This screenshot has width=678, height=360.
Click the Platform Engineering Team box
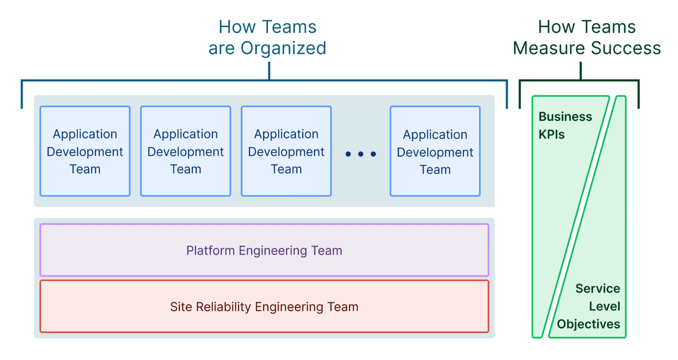[x=264, y=250]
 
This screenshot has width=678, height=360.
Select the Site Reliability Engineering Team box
[x=264, y=307]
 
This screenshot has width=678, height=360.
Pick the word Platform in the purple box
[x=211, y=251]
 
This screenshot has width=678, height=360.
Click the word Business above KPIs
[x=565, y=117]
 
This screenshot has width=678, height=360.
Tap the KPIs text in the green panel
[x=551, y=135]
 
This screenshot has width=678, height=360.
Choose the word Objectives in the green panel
[x=588, y=324]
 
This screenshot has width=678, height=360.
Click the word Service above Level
[x=598, y=288]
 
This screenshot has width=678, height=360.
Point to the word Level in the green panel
[x=604, y=306]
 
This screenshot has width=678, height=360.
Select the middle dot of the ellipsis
[x=361, y=154]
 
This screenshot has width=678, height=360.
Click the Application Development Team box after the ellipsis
[x=435, y=151]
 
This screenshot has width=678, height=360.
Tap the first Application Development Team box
[x=85, y=151]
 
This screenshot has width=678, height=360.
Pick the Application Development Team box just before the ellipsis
[x=286, y=151]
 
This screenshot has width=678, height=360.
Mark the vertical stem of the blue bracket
[x=269, y=71]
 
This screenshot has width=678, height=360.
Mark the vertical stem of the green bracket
[x=580, y=71]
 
